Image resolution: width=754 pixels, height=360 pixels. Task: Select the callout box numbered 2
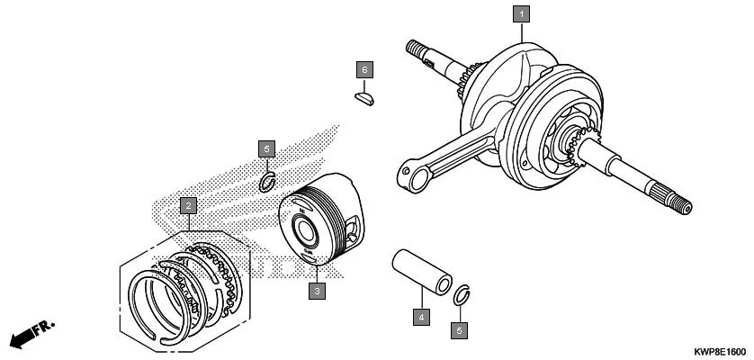pos(187,207)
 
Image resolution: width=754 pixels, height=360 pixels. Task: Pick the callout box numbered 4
pos(420,317)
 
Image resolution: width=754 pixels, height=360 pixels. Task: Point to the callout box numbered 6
pos(364,68)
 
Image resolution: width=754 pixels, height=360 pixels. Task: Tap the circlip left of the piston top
pos(266,183)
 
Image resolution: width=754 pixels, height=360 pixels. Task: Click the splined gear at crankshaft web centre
pos(572,141)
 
